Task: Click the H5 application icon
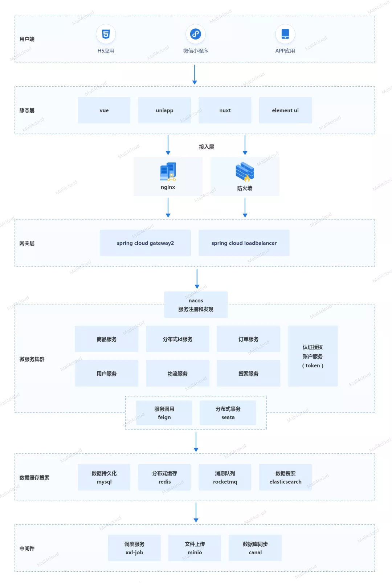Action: point(106,34)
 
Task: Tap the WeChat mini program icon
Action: point(196,34)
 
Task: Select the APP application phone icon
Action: point(285,34)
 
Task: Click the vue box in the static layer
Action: point(104,110)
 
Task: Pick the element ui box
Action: point(285,110)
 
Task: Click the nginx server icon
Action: point(168,172)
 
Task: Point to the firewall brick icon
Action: point(245,172)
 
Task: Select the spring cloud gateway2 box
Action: point(145,243)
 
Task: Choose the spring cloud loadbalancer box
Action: point(244,243)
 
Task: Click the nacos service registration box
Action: point(196,305)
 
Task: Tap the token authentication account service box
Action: point(313,356)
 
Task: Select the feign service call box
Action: point(164,413)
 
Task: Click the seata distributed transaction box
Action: point(228,413)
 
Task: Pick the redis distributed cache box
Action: point(164,477)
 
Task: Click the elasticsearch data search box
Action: point(285,477)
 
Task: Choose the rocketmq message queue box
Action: point(225,477)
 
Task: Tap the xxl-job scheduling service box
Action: point(134,548)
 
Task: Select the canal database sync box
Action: point(255,548)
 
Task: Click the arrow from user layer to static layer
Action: point(195,74)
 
